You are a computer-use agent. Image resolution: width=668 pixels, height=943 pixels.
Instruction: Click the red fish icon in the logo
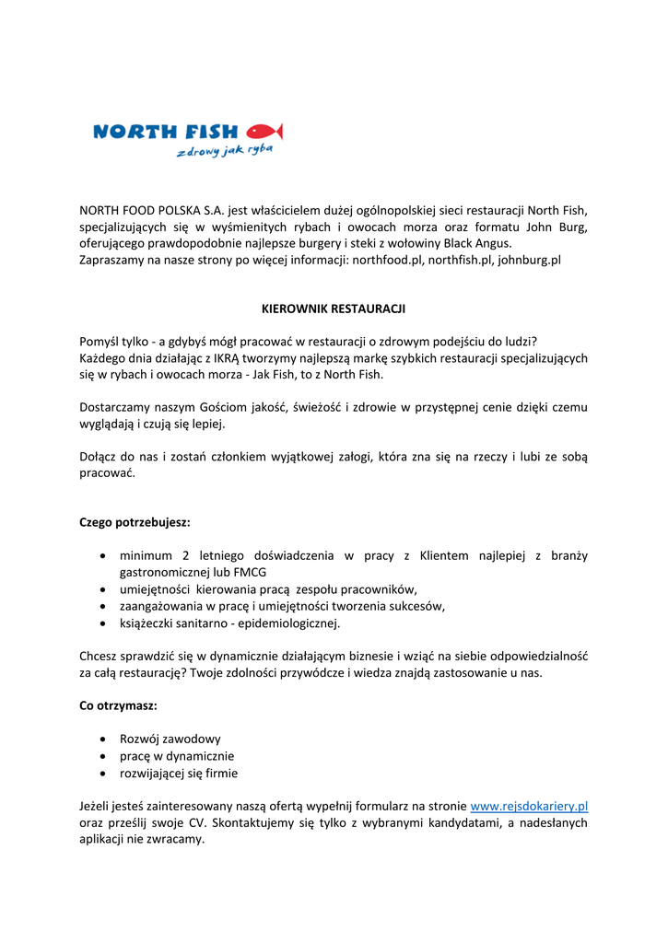tap(264, 131)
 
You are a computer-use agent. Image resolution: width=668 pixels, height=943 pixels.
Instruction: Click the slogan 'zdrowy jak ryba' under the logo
tap(225, 150)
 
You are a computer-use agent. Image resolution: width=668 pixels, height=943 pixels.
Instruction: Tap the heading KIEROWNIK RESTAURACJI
tap(334, 309)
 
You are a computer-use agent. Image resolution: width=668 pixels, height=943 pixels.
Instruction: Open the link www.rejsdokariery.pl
tap(529, 806)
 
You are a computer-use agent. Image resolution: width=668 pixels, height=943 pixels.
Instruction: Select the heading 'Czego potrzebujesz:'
tap(135, 522)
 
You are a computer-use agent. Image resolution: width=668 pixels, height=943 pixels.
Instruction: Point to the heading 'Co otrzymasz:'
tap(118, 705)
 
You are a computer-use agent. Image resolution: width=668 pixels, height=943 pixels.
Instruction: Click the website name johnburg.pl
tap(529, 260)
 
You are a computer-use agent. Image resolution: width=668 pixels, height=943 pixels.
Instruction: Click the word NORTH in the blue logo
tap(128, 132)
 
